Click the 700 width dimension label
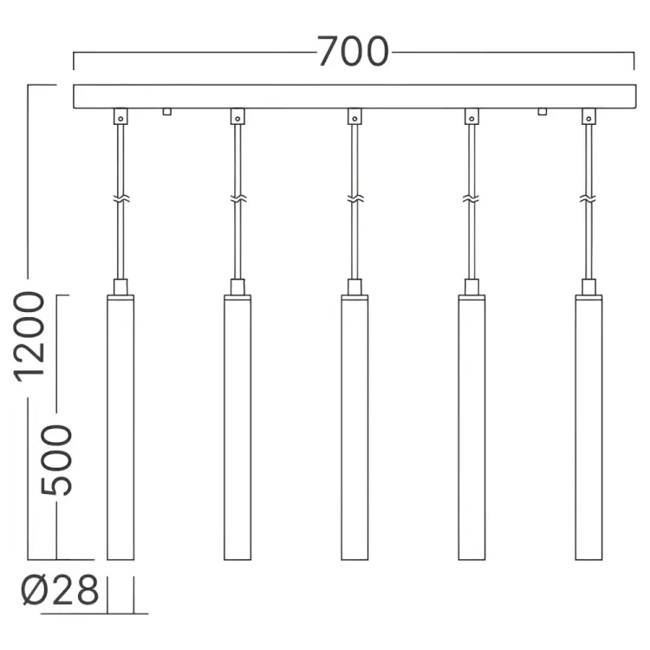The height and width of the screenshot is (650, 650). (x=354, y=51)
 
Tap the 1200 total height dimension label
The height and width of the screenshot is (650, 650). (x=29, y=336)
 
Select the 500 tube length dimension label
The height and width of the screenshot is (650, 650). (x=56, y=460)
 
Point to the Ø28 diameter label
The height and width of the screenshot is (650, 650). (x=60, y=589)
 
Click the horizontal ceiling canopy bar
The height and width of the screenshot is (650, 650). (x=354, y=96)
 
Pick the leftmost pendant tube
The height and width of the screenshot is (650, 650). (x=120, y=427)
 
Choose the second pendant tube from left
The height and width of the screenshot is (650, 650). (x=237, y=427)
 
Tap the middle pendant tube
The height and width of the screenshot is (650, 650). (x=354, y=427)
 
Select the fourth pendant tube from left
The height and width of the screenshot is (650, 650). (x=471, y=427)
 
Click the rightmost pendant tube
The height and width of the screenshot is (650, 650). (x=589, y=427)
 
